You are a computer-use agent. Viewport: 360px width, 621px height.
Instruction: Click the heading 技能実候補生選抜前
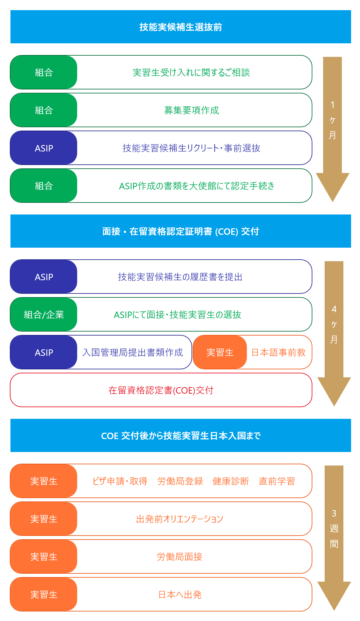tap(180, 27)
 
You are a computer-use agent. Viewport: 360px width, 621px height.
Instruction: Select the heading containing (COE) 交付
tap(180, 231)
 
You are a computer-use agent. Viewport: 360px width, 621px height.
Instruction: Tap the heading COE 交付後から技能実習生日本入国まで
tap(180, 436)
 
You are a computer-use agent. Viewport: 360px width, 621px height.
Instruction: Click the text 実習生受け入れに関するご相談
tap(191, 73)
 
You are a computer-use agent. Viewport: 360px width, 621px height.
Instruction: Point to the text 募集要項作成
tap(191, 110)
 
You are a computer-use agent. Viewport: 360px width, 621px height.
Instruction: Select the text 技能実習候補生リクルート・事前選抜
tap(191, 148)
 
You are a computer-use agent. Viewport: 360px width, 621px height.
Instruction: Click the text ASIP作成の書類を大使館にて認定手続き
tap(196, 186)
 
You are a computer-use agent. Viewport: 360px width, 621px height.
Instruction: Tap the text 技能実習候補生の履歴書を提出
tap(180, 277)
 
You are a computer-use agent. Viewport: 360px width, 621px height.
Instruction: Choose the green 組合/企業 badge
tap(44, 315)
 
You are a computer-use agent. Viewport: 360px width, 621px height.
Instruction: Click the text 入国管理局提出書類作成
tap(133, 352)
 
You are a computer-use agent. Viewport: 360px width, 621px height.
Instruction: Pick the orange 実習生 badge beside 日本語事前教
tap(220, 352)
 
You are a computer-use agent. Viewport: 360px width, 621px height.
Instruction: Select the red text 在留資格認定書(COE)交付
tap(161, 390)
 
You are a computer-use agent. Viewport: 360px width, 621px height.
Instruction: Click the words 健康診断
tap(231, 481)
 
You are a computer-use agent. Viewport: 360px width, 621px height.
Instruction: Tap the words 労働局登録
tap(180, 481)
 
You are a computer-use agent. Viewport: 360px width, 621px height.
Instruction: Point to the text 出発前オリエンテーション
tap(180, 519)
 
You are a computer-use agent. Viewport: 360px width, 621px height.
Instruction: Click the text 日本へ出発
tap(180, 595)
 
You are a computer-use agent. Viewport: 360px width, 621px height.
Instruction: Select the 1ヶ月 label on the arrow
tap(332, 120)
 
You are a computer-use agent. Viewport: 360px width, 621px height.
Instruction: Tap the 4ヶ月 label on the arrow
tap(334, 324)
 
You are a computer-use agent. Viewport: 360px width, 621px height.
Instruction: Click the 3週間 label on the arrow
tap(334, 529)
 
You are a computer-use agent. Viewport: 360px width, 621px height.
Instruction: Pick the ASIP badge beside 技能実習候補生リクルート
tap(44, 148)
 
